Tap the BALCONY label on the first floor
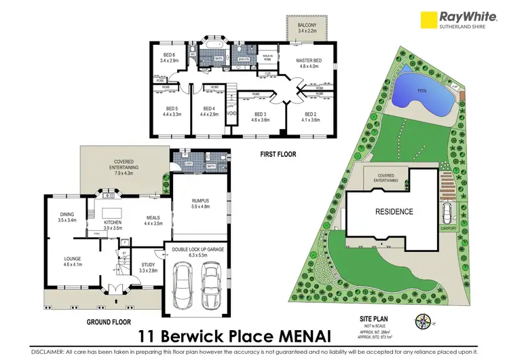307,26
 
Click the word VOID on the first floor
231,114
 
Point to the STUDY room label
149,266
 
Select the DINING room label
67,217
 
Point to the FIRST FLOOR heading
279,155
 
